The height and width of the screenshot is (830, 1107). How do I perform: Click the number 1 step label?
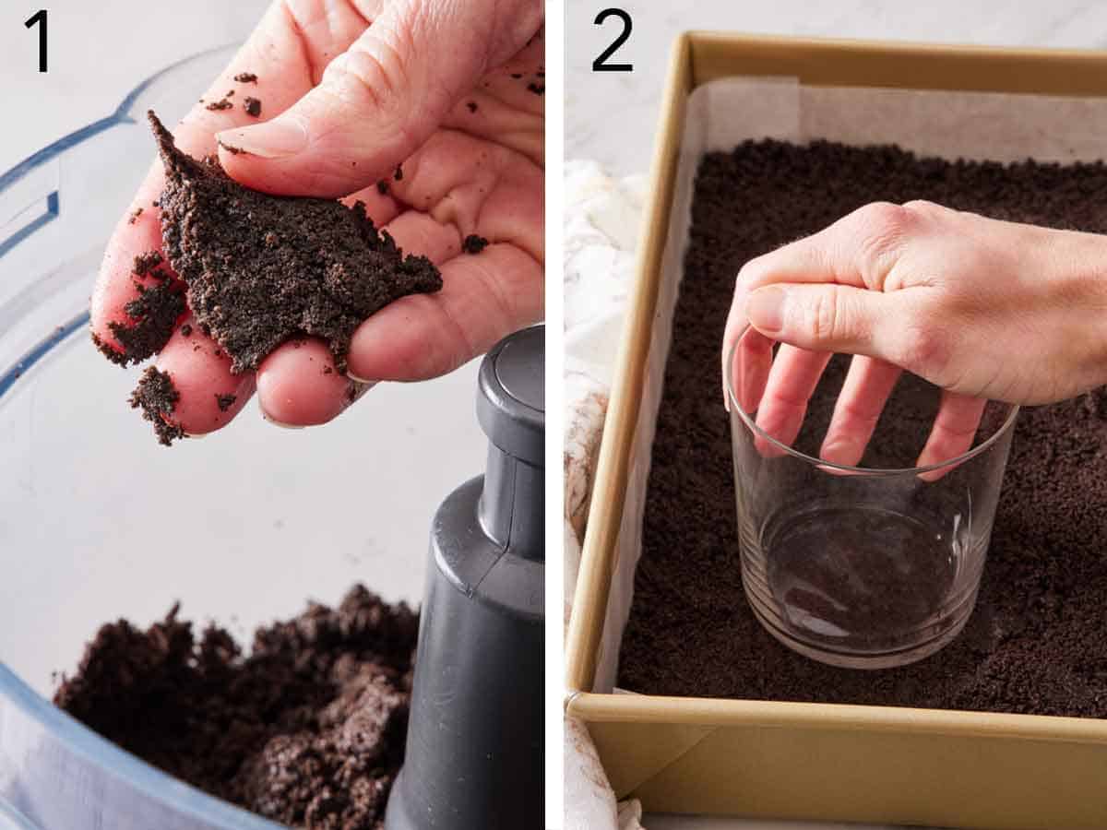click(38, 41)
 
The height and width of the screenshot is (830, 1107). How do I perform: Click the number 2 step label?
click(613, 41)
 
